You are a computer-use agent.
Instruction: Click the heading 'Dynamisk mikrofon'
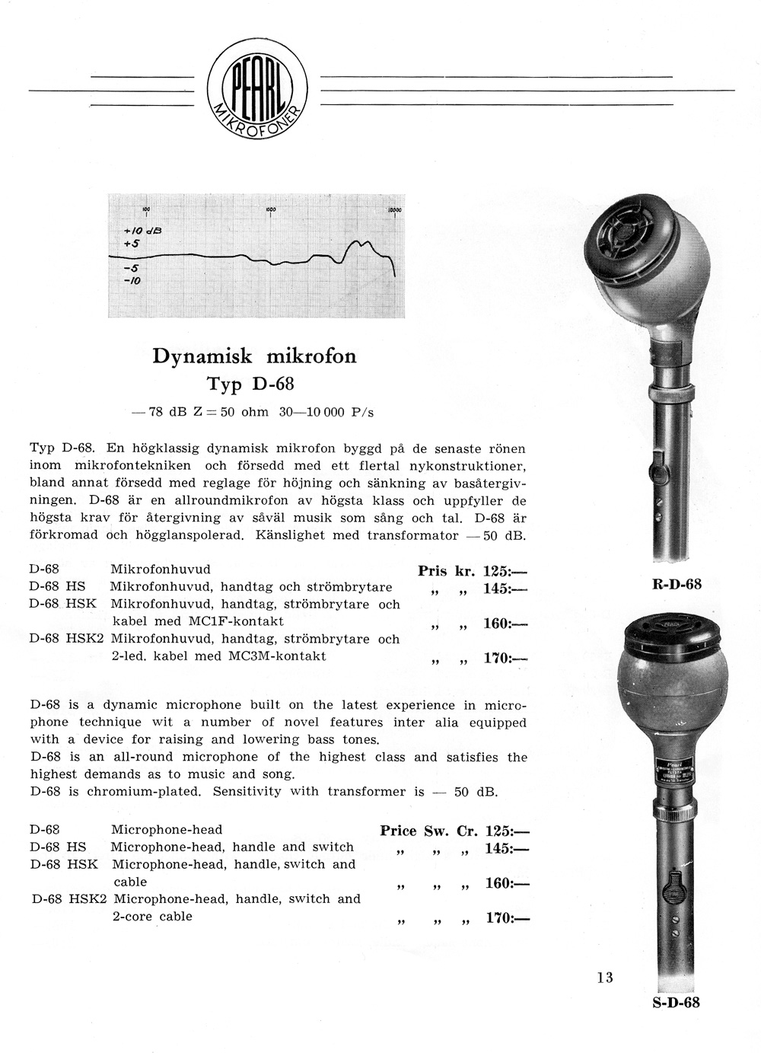point(254,356)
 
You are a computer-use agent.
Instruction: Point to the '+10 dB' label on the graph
point(143,229)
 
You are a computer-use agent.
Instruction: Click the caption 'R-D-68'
point(677,585)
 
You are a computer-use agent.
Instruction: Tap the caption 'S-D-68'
point(676,1002)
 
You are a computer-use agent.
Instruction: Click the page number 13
point(605,978)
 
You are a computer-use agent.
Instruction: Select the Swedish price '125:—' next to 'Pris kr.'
point(505,571)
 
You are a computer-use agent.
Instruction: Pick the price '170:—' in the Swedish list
point(505,658)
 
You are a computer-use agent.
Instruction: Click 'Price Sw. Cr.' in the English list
point(428,831)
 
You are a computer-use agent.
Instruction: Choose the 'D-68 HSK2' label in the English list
point(69,899)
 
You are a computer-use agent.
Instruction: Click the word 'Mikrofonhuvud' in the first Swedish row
point(160,570)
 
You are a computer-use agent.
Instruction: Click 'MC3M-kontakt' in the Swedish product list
point(277,656)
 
